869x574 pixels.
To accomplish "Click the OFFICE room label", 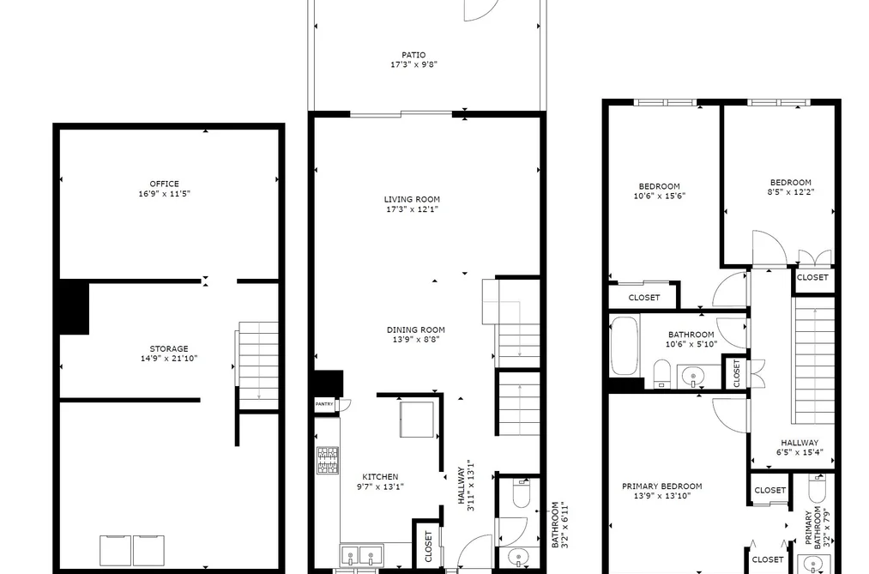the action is pos(164,184).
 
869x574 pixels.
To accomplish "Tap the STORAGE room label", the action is pos(168,349).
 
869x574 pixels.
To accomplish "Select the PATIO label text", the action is pos(413,55).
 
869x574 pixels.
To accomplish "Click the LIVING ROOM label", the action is pos(412,199).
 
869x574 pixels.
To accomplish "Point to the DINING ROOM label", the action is pos(416,329).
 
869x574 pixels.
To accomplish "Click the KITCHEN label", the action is pos(380,476).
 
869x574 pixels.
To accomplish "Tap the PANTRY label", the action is pos(324,404).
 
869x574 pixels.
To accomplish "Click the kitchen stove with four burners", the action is pos(328,461).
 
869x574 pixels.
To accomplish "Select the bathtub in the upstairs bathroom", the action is pos(625,345).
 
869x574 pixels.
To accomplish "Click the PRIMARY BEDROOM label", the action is pos(661,486).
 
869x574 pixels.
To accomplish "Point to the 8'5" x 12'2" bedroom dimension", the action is pos(790,192).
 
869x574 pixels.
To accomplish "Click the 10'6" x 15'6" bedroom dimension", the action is pos(660,196).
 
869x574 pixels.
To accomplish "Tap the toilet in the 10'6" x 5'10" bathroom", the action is pos(662,373).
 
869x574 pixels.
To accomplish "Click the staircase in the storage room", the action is pos(258,366).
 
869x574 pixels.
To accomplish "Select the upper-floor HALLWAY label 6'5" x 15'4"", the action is pos(800,447).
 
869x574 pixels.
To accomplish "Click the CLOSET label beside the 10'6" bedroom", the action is pos(644,298).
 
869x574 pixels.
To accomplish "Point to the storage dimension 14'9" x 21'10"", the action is pos(169,359).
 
